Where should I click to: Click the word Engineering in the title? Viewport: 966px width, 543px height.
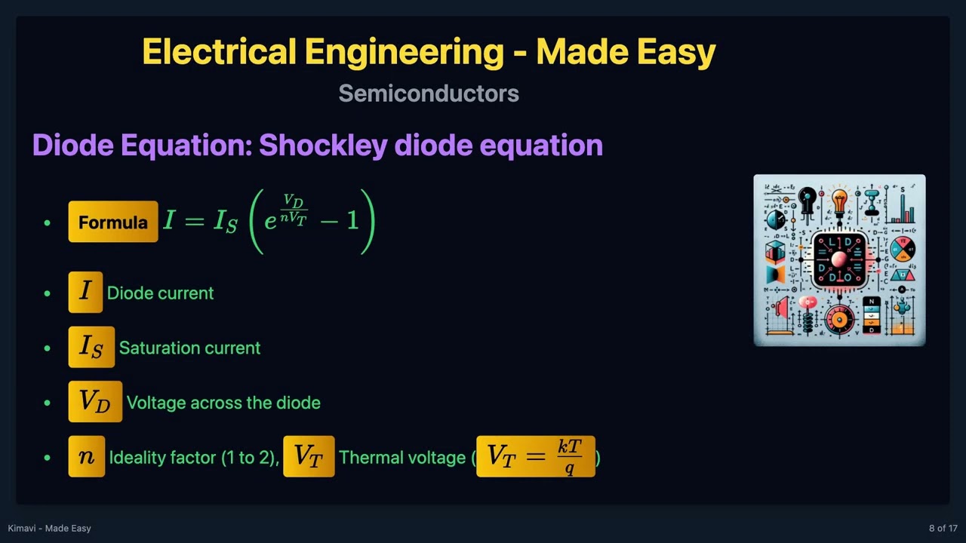click(404, 53)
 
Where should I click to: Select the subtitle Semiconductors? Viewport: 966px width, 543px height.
click(429, 94)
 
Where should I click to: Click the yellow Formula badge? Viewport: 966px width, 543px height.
click(113, 222)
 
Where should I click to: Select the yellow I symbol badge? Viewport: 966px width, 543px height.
click(85, 292)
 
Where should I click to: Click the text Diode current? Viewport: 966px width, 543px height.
click(160, 293)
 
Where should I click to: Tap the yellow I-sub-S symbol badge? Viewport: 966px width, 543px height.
click(91, 347)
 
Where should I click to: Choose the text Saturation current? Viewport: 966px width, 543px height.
click(189, 348)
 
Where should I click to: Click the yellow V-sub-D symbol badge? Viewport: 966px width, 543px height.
click(95, 402)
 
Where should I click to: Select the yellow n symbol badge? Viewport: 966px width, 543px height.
click(87, 457)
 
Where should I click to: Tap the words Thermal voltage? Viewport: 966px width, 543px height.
click(402, 457)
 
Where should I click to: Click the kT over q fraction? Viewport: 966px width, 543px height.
click(570, 457)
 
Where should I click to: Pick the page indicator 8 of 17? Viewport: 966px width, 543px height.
click(943, 528)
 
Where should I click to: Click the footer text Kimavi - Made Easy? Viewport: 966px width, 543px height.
click(50, 528)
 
